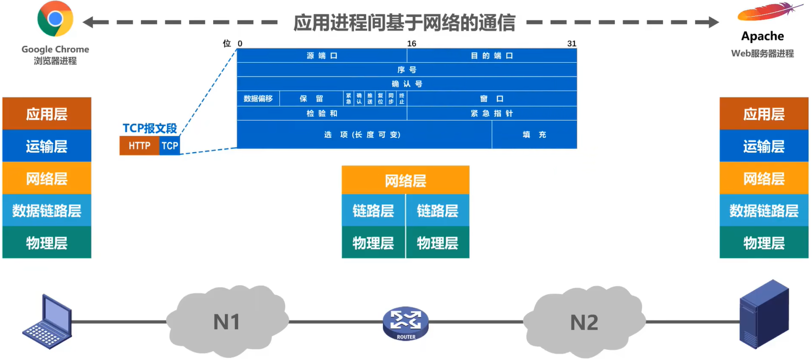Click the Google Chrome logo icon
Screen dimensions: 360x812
pos(55,19)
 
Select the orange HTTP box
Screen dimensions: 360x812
pos(139,146)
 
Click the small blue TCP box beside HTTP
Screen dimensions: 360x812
pos(170,146)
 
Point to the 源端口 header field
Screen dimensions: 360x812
pos(322,55)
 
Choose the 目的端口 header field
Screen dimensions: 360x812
pos(492,55)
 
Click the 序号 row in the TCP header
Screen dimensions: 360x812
pos(407,70)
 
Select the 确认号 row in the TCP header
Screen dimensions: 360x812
pos(407,84)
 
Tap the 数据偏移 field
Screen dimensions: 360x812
pos(258,98)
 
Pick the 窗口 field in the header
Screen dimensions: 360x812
pos(492,98)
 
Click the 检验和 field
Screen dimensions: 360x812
pos(322,113)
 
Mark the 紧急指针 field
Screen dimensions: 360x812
pos(492,113)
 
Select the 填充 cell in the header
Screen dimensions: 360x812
pos(534,135)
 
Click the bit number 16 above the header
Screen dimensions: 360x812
pos(411,44)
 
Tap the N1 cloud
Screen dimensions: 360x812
pos(226,322)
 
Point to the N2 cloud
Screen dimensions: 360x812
pos(584,322)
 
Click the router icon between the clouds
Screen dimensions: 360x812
pos(406,323)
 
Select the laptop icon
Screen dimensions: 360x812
pos(48,322)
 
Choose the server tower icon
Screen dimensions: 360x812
pos(764,314)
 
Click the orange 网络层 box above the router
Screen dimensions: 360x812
pos(405,180)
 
